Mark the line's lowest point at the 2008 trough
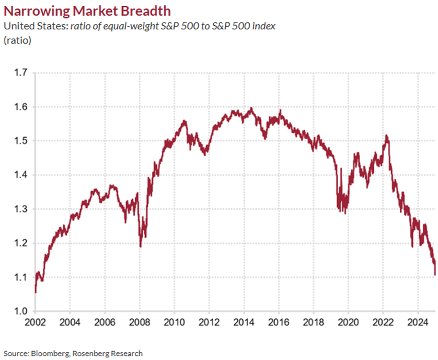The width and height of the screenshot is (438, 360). [x=140, y=246]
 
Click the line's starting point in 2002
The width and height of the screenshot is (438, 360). [x=36, y=292]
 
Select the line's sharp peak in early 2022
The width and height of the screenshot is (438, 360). [x=386, y=136]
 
